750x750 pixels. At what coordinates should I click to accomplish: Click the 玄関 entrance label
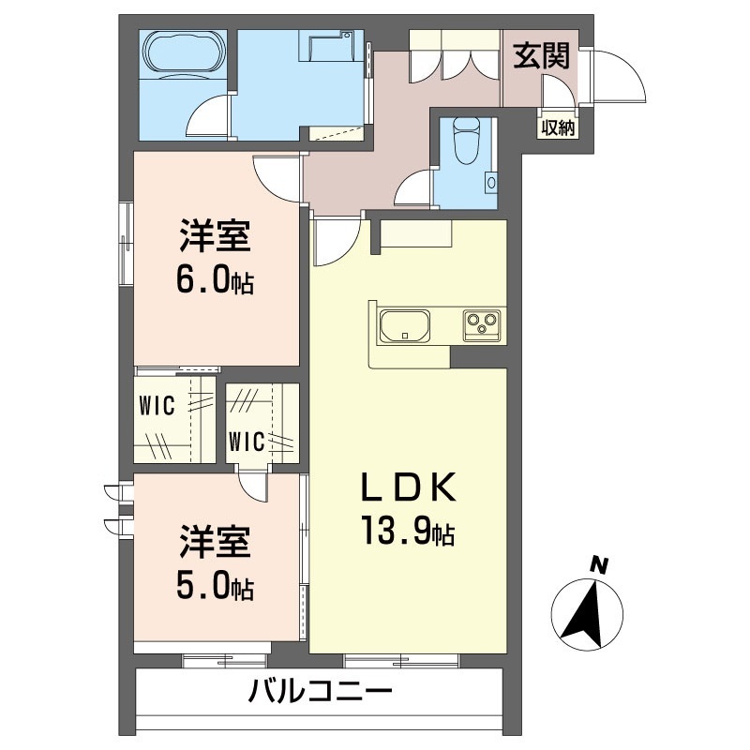coord(542,56)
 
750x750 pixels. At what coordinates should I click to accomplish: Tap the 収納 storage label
coord(558,127)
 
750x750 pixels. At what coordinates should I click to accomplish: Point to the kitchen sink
coord(405,326)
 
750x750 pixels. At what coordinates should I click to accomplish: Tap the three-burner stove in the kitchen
coord(482,326)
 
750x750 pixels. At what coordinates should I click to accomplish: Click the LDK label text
coord(407,487)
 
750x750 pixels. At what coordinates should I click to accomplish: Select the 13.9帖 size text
coord(407,531)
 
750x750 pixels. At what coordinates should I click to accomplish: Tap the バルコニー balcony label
coord(320,692)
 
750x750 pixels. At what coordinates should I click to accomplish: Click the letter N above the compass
coord(597,565)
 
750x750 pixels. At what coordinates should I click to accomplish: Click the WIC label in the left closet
coord(157,406)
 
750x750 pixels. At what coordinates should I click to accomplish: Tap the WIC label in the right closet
coord(247,442)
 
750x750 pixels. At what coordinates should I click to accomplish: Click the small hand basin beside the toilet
coord(491,182)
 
